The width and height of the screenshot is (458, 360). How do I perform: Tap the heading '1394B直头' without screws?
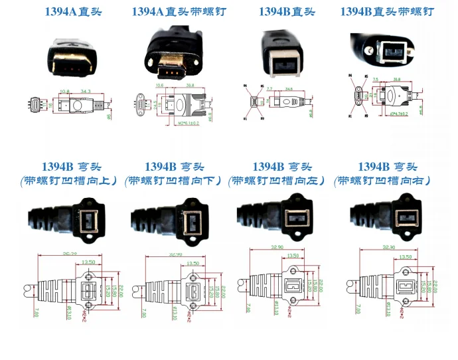pyautogui.click(x=287, y=12)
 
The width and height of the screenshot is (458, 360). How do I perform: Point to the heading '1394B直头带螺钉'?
pyautogui.click(x=388, y=12)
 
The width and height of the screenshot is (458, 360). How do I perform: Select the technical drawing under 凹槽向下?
pyautogui.click(x=176, y=282)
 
